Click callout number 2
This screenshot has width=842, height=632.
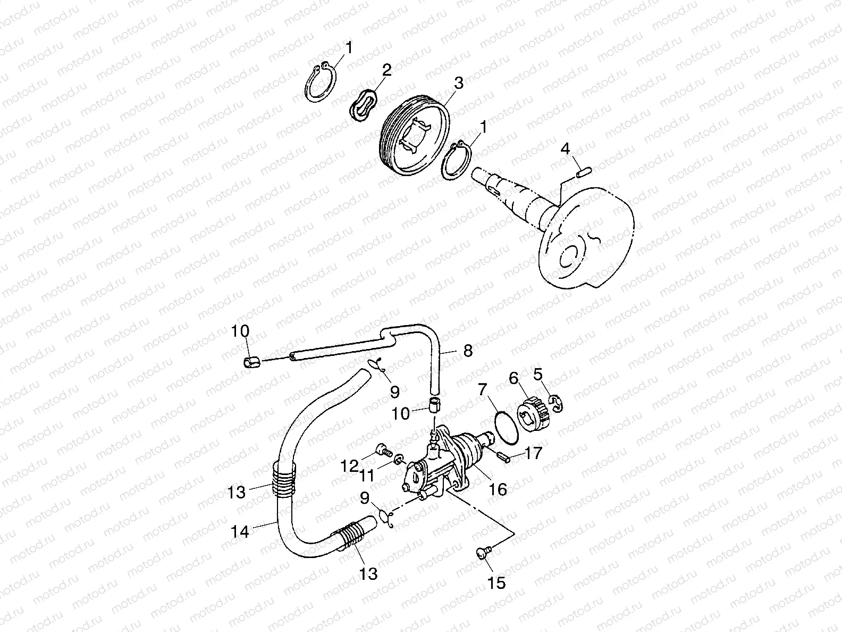coord(386,70)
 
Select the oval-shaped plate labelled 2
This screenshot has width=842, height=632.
coord(364,105)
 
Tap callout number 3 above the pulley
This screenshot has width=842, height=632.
coord(458,83)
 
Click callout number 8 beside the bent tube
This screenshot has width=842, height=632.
coord(467,351)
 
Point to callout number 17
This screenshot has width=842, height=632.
coord(533,453)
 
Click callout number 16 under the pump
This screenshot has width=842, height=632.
coord(498,488)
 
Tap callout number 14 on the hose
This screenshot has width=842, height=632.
coord(241,530)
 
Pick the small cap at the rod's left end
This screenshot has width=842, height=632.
coord(250,363)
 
